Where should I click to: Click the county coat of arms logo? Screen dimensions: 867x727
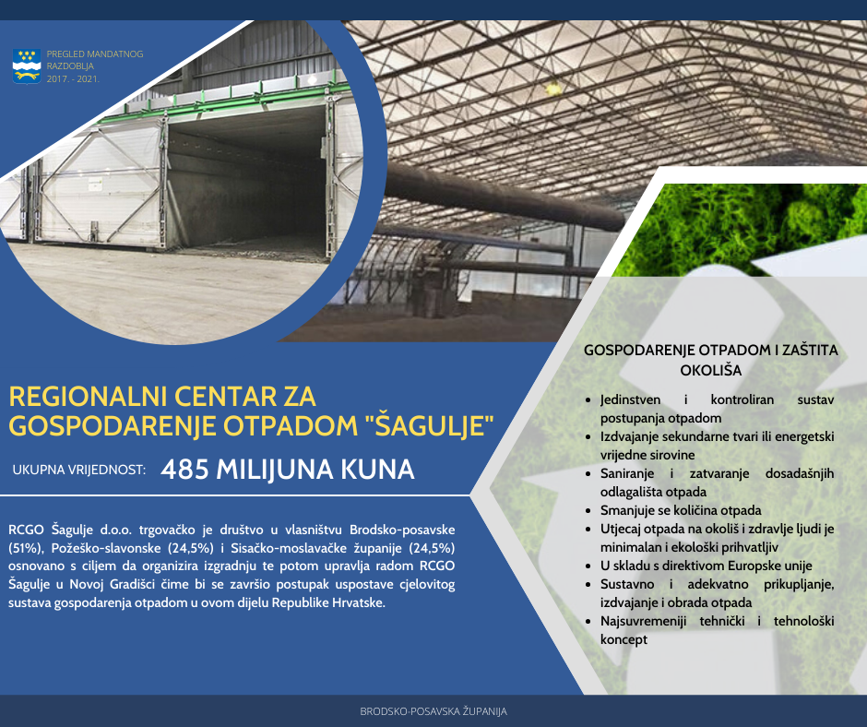click(27, 66)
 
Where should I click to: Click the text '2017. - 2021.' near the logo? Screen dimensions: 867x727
click(73, 79)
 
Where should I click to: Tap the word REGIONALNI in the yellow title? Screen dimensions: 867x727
click(88, 397)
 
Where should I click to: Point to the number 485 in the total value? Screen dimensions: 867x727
click(184, 470)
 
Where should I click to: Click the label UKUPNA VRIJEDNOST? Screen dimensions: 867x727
click(79, 471)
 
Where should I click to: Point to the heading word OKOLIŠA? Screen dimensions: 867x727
click(710, 370)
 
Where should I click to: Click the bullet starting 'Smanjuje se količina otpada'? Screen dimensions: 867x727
click(681, 510)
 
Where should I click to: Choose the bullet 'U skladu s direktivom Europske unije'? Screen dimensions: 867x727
click(707, 566)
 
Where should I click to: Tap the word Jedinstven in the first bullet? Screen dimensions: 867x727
click(630, 400)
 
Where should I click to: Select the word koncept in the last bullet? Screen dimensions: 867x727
click(624, 639)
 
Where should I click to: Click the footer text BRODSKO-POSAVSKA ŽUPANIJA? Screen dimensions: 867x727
click(433, 711)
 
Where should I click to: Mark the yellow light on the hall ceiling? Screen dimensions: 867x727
click(552, 89)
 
